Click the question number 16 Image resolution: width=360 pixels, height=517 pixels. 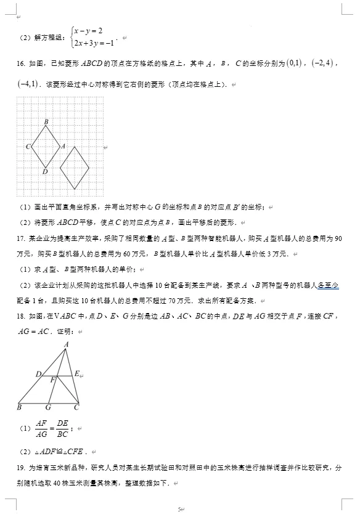click(x=20, y=63)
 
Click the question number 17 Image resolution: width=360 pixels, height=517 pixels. click(x=20, y=238)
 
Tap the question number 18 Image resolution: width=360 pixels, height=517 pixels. click(x=20, y=316)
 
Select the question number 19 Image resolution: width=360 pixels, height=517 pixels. click(x=20, y=468)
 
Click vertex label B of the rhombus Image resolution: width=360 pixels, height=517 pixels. click(x=46, y=122)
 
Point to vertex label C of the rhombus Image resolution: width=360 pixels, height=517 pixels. click(x=28, y=147)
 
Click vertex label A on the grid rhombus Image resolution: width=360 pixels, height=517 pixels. click(x=63, y=146)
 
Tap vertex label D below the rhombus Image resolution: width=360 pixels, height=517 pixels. click(x=45, y=172)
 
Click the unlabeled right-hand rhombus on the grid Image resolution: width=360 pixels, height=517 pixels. click(x=75, y=168)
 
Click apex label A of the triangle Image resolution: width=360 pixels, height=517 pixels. click(x=67, y=344)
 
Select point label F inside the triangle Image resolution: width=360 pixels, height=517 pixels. click(x=53, y=380)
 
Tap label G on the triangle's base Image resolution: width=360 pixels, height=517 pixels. click(x=48, y=407)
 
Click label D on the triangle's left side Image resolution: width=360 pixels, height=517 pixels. click(x=38, y=374)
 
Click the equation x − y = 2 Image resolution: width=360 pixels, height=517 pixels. click(x=87, y=31)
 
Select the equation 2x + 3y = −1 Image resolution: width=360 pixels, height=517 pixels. click(x=94, y=43)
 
